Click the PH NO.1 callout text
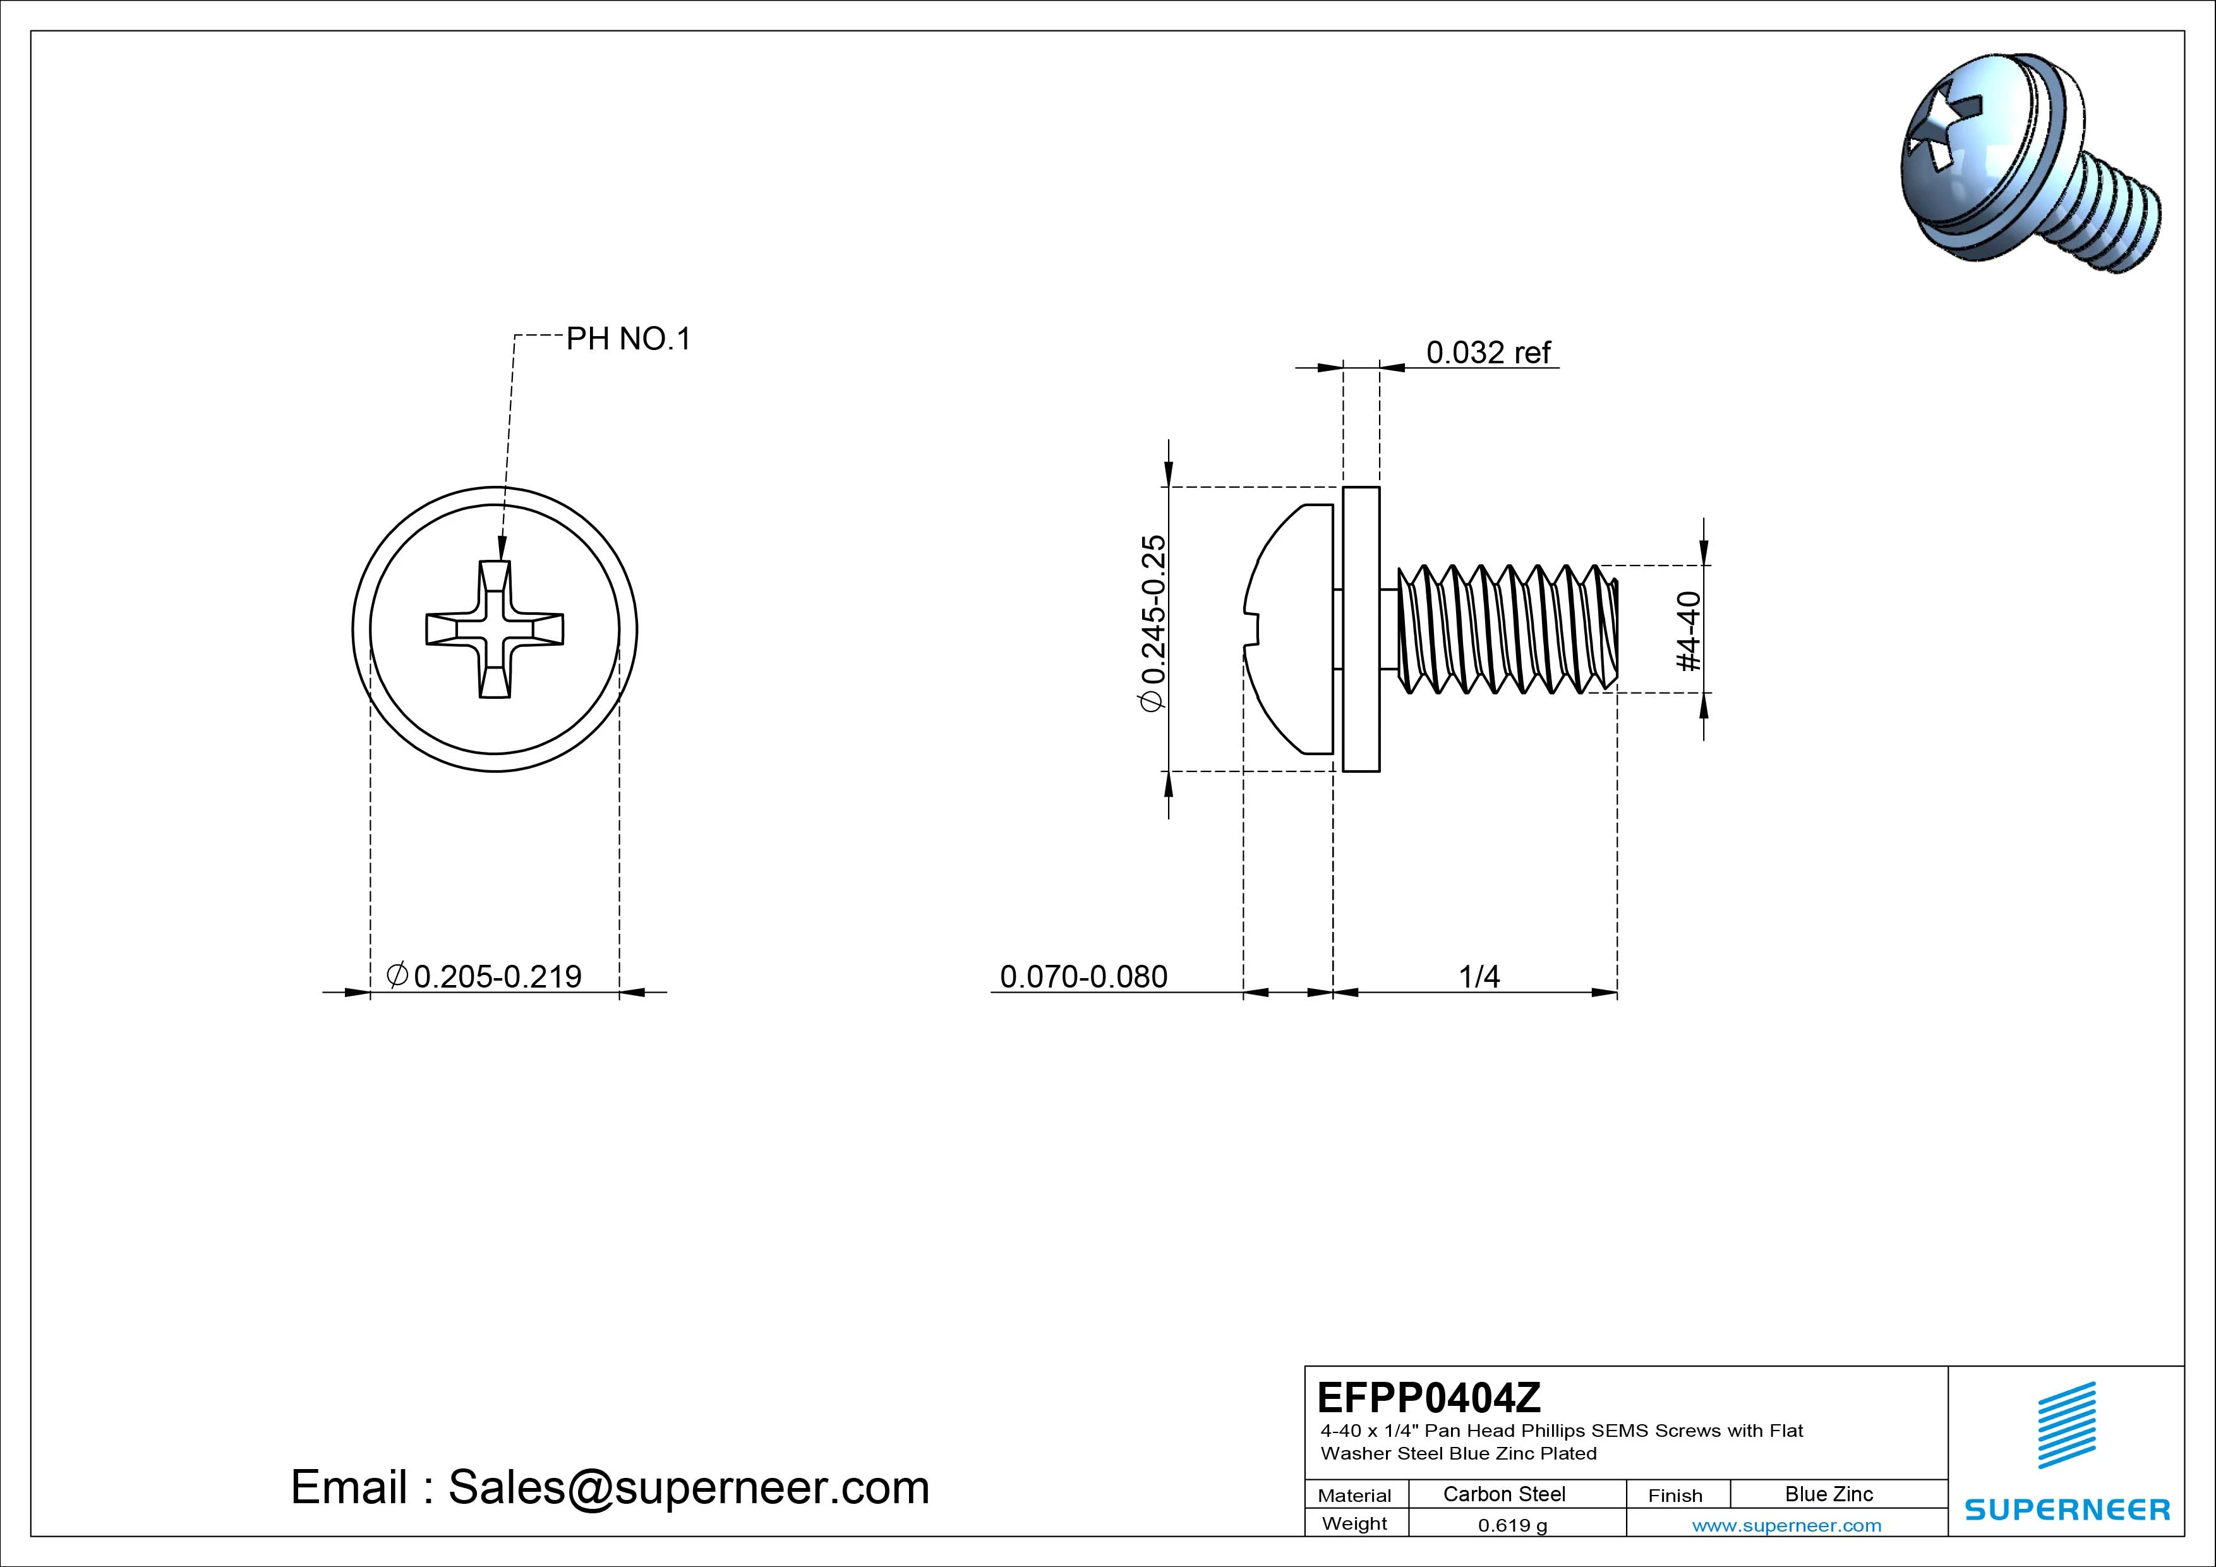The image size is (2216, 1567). pos(629,339)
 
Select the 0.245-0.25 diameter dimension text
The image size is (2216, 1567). pos(1153,623)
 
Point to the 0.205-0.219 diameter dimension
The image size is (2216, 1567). pos(486,976)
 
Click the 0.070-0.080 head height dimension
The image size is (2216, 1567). pos(1083,976)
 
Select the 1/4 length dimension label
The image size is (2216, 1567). pos(1479,976)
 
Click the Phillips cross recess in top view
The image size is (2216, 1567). pos(495,629)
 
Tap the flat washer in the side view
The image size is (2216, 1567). pos(1361,629)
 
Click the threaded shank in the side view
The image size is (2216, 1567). pos(1505,629)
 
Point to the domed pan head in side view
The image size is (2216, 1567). pos(1289,629)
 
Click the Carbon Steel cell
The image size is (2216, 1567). pos(1503,1494)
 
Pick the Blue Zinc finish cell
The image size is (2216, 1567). pos(1828,1494)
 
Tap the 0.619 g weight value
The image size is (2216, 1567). pos(1512,1525)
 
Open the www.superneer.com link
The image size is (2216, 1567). pos(1786,1525)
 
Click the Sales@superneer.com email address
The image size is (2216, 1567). pos(688,1487)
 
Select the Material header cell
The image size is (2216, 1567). pos(1354,1494)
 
